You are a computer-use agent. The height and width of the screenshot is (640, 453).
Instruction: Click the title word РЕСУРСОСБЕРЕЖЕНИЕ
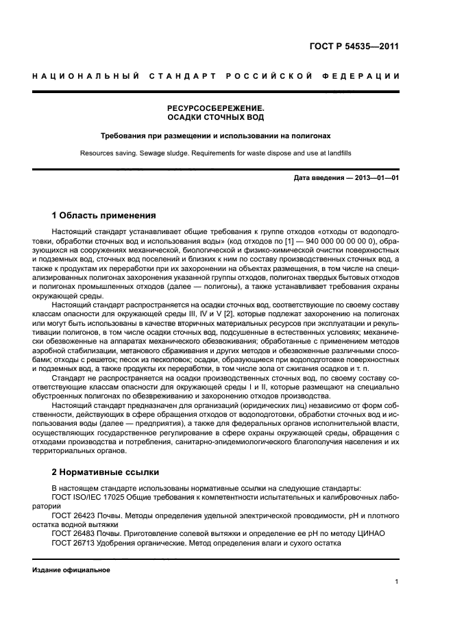[215, 108]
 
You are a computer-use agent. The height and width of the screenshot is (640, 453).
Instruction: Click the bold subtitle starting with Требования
[215, 136]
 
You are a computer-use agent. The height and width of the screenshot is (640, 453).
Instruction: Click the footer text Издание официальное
[71, 569]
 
